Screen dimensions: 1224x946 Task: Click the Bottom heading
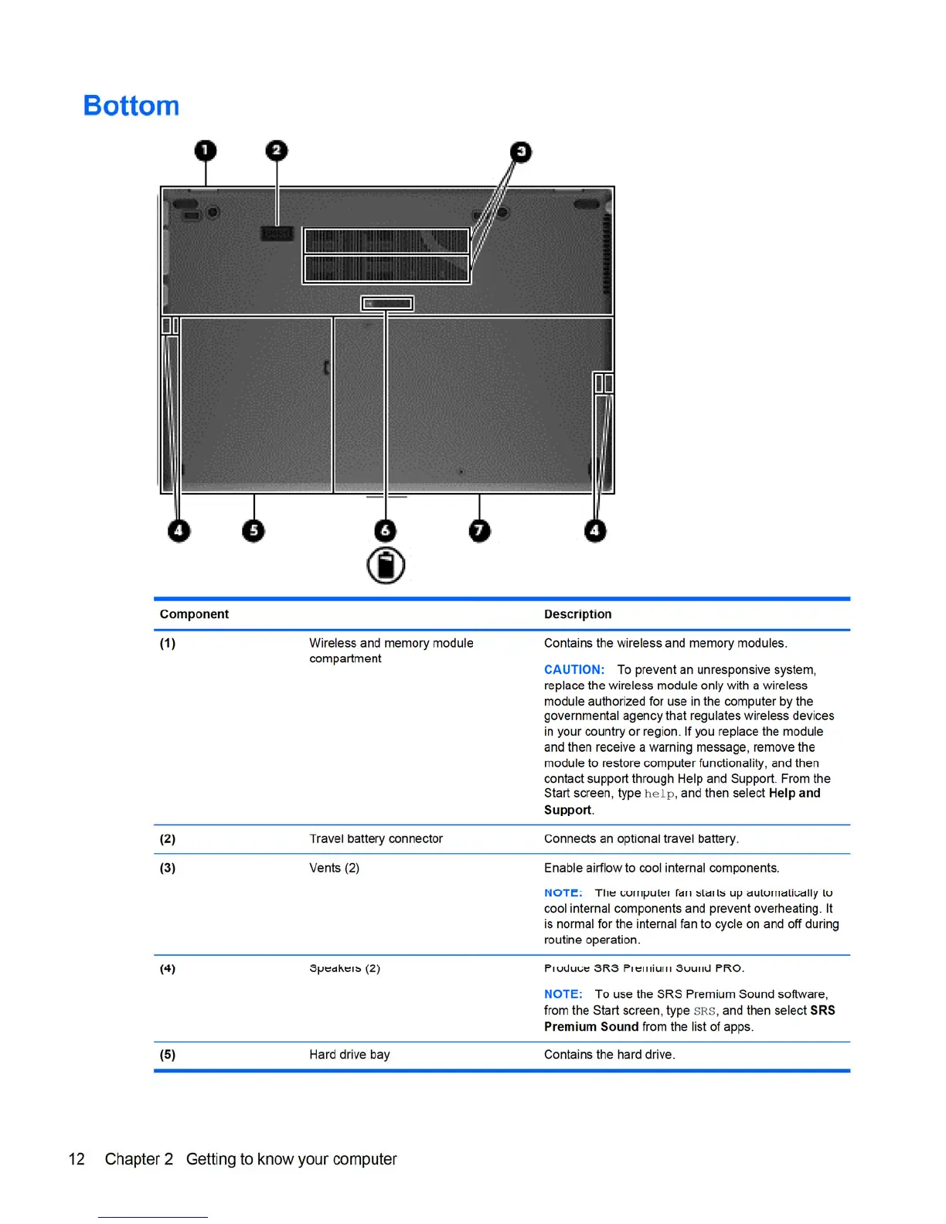point(131,106)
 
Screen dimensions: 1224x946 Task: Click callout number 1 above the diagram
point(206,151)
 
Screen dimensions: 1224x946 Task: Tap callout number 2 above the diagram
point(277,151)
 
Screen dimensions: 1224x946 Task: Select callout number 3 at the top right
point(522,152)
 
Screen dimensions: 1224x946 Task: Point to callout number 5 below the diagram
point(254,531)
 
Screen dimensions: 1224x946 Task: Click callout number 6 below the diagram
point(386,531)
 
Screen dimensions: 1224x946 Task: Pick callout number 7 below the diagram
point(480,531)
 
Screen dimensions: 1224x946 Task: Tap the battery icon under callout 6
point(386,566)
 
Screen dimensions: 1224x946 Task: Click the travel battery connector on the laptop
point(277,233)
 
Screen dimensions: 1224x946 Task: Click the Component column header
point(194,614)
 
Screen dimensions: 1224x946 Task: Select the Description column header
point(577,614)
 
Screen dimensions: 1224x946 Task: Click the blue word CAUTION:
point(574,670)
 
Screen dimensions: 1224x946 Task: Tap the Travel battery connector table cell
point(376,839)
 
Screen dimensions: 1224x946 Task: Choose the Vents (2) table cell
point(334,869)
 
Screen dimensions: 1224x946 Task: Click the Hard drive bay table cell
point(349,1055)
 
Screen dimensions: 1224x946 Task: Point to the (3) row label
point(168,869)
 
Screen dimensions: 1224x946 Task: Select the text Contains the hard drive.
point(609,1055)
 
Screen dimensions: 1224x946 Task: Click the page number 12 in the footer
point(77,1159)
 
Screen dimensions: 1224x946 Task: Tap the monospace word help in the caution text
point(659,794)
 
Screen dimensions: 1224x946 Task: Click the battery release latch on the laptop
point(387,304)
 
